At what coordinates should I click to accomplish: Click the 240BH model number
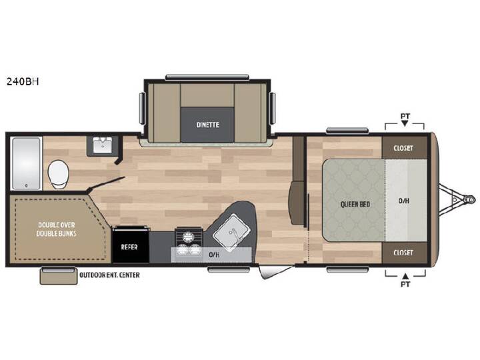23,82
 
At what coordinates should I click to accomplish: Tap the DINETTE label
207,125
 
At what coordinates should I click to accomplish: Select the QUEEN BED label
355,204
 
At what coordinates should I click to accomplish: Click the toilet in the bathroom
59,174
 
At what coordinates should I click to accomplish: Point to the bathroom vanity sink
102,145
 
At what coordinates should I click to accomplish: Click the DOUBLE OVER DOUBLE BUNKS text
56,229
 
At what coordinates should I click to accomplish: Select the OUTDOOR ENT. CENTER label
109,275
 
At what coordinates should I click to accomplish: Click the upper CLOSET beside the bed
404,148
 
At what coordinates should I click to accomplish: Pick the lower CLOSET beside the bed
404,253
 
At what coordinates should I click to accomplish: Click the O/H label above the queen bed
404,201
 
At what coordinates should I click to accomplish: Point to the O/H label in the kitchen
214,255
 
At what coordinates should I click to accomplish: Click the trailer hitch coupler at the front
469,199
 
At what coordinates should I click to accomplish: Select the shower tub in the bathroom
26,163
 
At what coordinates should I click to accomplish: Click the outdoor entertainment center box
58,276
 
